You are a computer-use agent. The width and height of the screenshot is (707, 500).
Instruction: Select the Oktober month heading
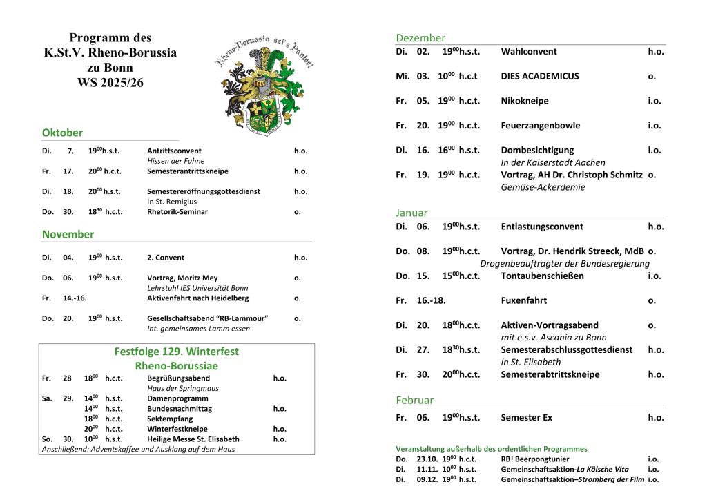click(x=62, y=133)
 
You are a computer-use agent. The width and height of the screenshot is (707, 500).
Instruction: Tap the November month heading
click(x=68, y=234)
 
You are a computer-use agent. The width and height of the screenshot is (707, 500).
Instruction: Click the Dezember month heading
click(x=420, y=38)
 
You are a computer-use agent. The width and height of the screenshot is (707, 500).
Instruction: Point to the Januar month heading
click(x=411, y=213)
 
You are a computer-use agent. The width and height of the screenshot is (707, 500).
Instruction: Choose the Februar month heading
click(x=415, y=400)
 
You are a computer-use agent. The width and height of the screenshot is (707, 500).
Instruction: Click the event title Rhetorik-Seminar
click(x=177, y=212)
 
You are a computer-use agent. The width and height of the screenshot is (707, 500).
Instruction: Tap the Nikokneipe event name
click(x=525, y=101)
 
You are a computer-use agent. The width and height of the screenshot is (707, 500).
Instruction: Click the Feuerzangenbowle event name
click(x=541, y=126)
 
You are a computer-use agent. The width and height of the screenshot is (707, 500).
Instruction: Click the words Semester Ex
click(x=527, y=418)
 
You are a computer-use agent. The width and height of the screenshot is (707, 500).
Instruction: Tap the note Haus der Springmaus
click(x=183, y=389)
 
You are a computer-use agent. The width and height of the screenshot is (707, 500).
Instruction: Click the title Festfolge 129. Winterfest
click(x=177, y=352)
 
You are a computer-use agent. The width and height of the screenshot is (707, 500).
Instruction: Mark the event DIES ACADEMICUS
click(x=540, y=76)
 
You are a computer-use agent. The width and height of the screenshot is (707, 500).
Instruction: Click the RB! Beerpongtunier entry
click(x=535, y=459)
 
